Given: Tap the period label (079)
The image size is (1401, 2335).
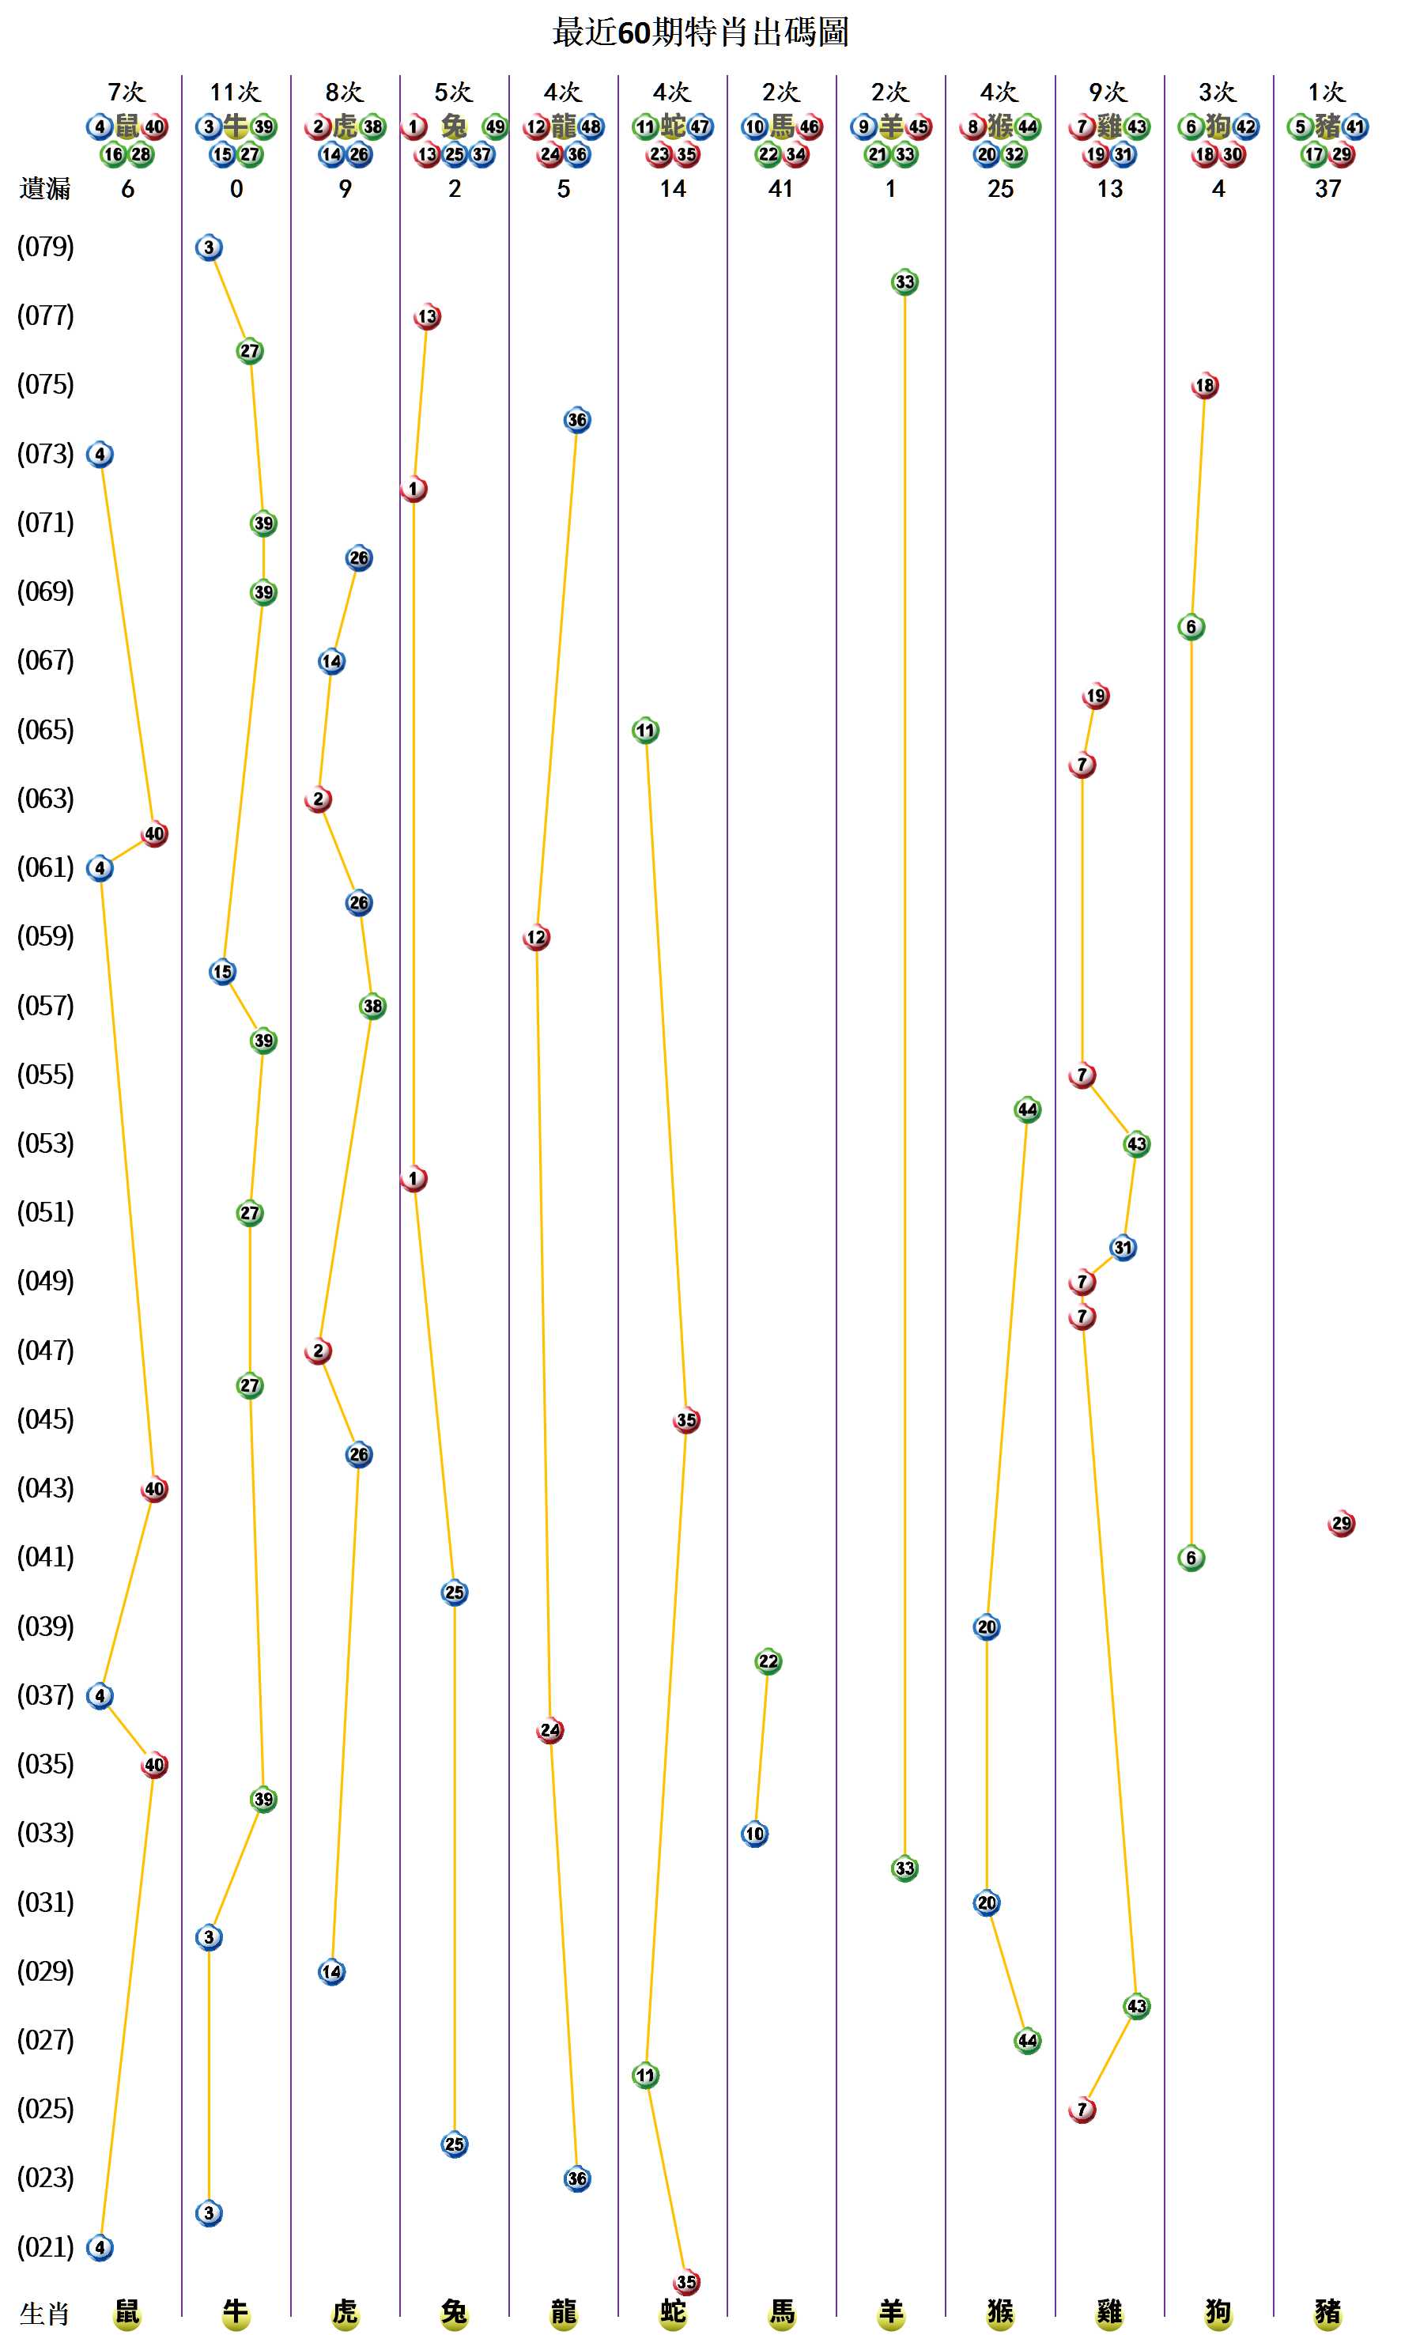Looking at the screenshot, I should pos(45,247).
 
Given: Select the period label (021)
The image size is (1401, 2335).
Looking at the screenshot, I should pos(45,2247).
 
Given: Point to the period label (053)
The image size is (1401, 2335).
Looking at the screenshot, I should pos(45,1143).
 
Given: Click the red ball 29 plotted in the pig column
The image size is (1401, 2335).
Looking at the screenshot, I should pos(1341,1523).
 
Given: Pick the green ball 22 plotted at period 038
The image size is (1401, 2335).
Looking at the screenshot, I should pos(768,1661).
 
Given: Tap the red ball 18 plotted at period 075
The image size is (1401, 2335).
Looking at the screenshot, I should pos(1205,385).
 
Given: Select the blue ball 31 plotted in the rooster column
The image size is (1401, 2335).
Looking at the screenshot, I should pos(1123,1247).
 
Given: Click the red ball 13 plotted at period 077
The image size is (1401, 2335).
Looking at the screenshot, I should pos(428,316).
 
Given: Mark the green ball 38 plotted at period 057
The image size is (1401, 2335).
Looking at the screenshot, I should pos(373,1006).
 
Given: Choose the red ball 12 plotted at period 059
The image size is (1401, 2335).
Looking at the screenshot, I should pos(536,937).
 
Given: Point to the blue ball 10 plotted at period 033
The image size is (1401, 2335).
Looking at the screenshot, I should pos(754,1834).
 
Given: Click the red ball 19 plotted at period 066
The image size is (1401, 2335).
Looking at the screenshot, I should pos(1095,696).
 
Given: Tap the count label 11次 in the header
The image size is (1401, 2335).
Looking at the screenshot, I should pos(235,92).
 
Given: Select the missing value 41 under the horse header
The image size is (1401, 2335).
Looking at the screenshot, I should pos(780,189).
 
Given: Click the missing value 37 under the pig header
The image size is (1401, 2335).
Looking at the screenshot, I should pos(1327,189).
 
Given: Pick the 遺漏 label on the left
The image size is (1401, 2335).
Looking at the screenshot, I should pos(44,189).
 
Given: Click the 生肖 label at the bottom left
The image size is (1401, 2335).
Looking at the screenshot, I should pos(44,2314).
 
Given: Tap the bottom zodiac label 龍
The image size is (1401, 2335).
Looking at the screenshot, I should pos(564,2311).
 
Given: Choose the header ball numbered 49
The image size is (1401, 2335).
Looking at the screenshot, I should pos(495,127).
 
